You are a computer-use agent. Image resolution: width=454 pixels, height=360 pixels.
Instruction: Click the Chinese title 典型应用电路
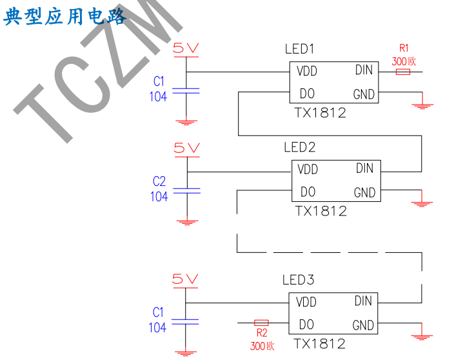64,16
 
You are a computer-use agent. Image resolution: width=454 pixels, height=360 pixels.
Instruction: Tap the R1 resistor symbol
403,72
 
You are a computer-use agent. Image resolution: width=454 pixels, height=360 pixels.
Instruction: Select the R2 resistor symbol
261,322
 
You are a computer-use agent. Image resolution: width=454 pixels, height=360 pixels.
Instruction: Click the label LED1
299,49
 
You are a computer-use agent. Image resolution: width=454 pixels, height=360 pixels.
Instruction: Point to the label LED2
300,147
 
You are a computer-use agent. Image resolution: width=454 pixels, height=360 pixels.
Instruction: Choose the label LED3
299,280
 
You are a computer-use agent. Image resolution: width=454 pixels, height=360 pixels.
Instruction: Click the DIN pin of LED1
364,70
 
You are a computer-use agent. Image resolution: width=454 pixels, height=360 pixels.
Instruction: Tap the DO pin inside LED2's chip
308,192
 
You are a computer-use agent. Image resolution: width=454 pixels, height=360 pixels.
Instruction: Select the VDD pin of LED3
306,302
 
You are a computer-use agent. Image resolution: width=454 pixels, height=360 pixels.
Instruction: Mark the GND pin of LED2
364,193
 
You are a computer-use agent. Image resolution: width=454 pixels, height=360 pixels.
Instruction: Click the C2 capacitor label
159,181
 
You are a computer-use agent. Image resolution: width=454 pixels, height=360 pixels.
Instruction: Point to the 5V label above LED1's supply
187,47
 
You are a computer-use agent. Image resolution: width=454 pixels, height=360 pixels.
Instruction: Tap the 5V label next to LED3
186,279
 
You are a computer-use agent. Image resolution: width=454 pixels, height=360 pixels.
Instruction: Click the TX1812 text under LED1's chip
320,112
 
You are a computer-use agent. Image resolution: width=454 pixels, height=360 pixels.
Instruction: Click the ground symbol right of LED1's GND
423,104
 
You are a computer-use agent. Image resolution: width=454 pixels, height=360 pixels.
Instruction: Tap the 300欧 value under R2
262,346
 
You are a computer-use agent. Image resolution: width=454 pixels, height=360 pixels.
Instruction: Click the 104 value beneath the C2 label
159,196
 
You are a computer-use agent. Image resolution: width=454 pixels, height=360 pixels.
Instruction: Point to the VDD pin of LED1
307,71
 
